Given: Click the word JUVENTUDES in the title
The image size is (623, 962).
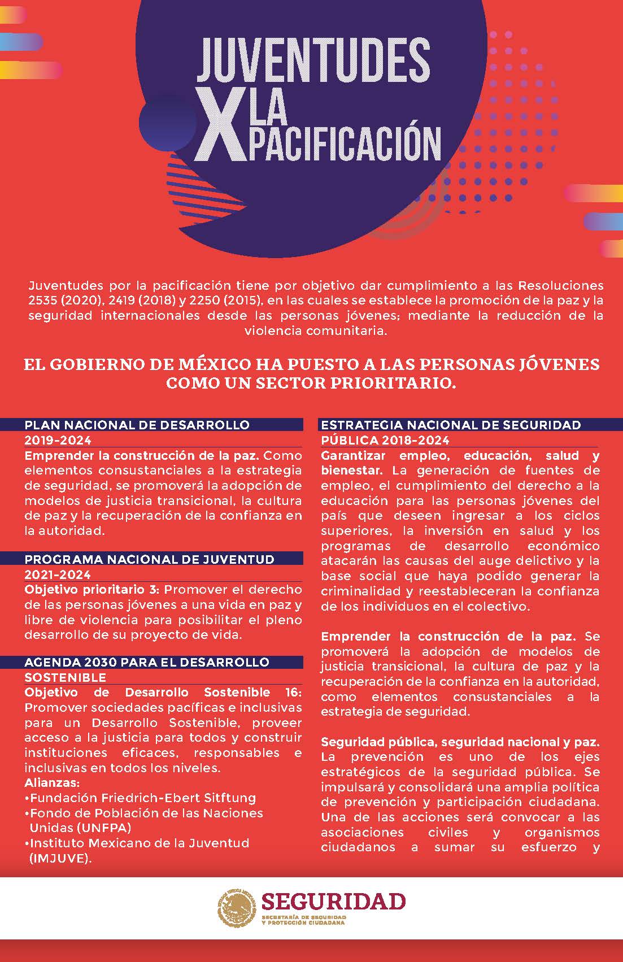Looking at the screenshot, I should pos(313,60).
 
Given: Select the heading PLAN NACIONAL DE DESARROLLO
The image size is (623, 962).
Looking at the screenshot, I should pos(137,425).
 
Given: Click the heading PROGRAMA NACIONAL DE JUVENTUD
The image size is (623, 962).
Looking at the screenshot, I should pos(149,559).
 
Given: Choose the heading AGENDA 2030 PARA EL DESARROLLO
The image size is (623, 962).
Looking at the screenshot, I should pos(147,662).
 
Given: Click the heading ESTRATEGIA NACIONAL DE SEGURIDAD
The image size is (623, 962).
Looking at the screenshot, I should pos(451,425).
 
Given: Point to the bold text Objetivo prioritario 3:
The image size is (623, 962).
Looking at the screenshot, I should pos(92,590).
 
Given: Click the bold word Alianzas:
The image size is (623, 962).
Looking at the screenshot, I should pos(52,783).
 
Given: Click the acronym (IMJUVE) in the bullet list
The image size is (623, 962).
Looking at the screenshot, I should pos(60,859).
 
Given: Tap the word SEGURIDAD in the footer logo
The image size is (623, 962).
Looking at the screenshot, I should pos(333,902).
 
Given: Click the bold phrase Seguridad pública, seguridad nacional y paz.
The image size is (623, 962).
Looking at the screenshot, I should pos(460,742).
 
